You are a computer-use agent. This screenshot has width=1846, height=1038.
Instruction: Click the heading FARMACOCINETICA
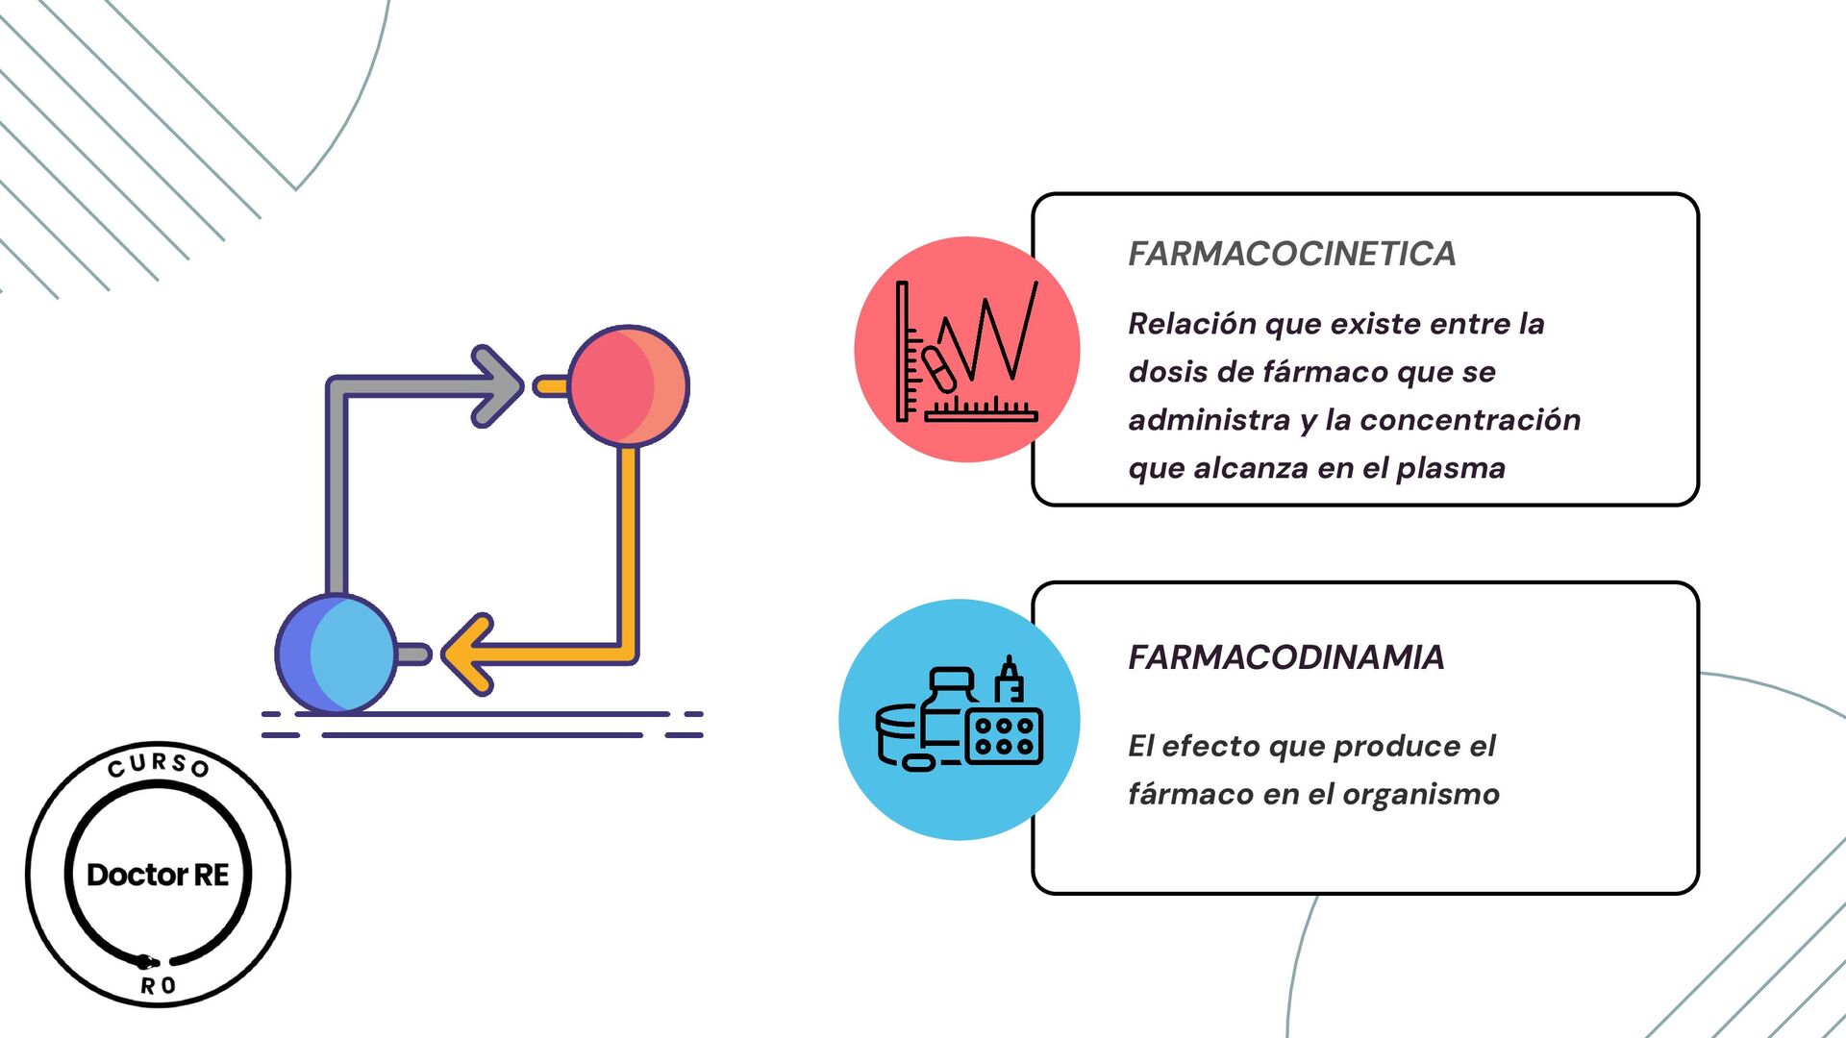pos(1291,254)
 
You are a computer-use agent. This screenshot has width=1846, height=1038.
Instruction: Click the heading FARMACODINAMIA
pos(1285,657)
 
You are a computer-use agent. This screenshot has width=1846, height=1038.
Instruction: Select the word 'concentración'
pos(1470,420)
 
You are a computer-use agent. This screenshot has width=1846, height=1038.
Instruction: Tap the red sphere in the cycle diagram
pos(628,385)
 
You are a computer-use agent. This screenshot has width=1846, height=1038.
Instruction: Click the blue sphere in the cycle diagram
pos(336,654)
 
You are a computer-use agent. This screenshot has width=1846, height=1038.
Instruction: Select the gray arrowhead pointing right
pos(496,386)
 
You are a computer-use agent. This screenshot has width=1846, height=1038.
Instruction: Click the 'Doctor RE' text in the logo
pos(158,875)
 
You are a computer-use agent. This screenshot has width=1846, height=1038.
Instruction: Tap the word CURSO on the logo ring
pos(158,765)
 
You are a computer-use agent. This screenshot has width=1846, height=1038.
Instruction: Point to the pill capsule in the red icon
pos(938,369)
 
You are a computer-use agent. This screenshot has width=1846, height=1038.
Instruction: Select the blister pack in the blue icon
pos(1003,737)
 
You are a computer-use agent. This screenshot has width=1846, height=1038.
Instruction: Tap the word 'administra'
pos(1209,420)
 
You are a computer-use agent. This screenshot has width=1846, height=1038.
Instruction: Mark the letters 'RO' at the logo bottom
pos(158,986)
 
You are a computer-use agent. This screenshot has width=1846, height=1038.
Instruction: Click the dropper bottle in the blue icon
pos(1009,680)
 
